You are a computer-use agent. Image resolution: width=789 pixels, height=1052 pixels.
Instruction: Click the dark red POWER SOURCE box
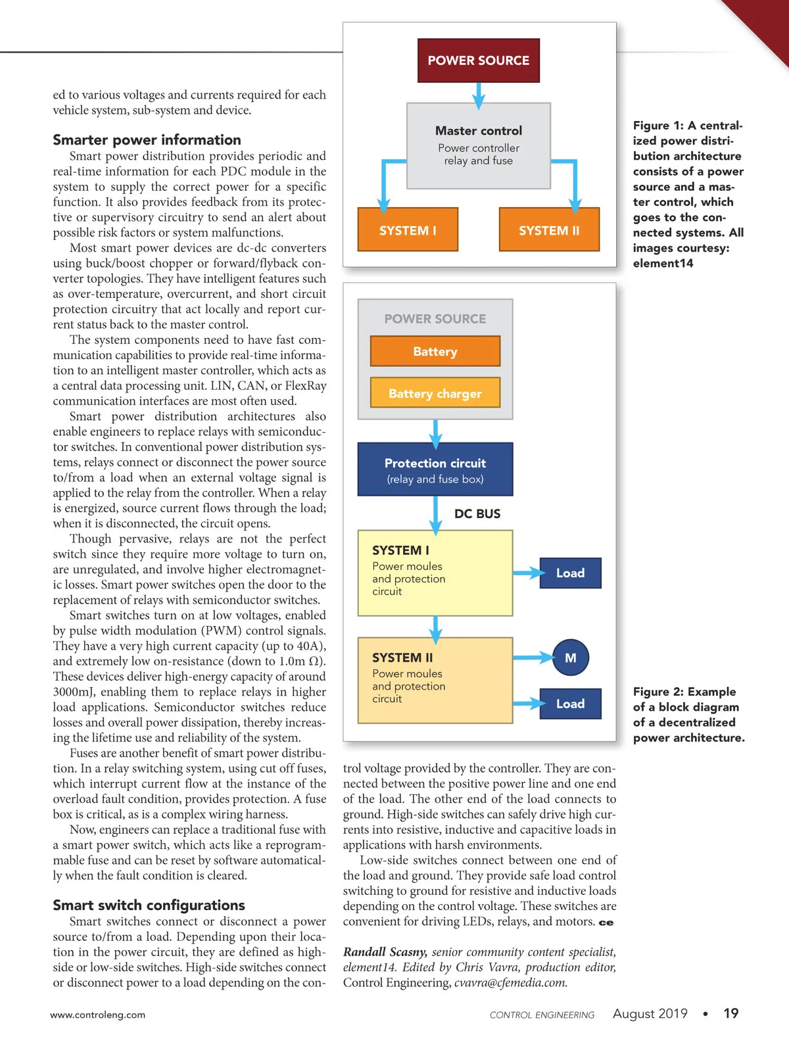(x=479, y=60)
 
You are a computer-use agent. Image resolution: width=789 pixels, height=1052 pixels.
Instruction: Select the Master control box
(x=479, y=145)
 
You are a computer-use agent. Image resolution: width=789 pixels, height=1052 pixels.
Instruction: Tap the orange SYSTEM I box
(x=408, y=230)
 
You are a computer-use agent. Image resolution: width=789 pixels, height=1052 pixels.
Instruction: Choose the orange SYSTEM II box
(x=549, y=230)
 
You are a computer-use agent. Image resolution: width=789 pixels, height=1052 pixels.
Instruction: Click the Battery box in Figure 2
(x=435, y=351)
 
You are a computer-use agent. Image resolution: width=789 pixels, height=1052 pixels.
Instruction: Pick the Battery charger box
(x=435, y=393)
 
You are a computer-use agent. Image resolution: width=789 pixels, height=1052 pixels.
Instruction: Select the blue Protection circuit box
(x=435, y=469)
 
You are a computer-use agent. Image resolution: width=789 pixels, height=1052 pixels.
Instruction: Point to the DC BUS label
(x=477, y=514)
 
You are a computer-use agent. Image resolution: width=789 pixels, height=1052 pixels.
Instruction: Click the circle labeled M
(x=570, y=657)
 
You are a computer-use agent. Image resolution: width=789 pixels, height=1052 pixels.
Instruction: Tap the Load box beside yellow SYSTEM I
(x=570, y=573)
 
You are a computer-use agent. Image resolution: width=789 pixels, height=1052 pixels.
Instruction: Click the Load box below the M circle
(x=570, y=704)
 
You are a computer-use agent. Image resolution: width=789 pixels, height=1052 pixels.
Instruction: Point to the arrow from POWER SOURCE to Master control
(x=479, y=93)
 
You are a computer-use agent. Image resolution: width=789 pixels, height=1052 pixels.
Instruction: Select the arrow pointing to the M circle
(x=534, y=657)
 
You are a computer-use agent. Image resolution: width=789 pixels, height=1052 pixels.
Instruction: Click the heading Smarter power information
(x=147, y=140)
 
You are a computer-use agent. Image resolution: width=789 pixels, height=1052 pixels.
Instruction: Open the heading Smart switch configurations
(x=149, y=905)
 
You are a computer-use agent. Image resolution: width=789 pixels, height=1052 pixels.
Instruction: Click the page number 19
(x=730, y=1013)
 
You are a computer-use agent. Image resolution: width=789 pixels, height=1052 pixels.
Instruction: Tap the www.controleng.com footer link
(x=98, y=1015)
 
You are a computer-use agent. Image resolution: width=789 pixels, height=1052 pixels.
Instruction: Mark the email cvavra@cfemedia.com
(x=510, y=983)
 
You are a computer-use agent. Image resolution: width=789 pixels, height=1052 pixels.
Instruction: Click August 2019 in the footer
(x=650, y=1013)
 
